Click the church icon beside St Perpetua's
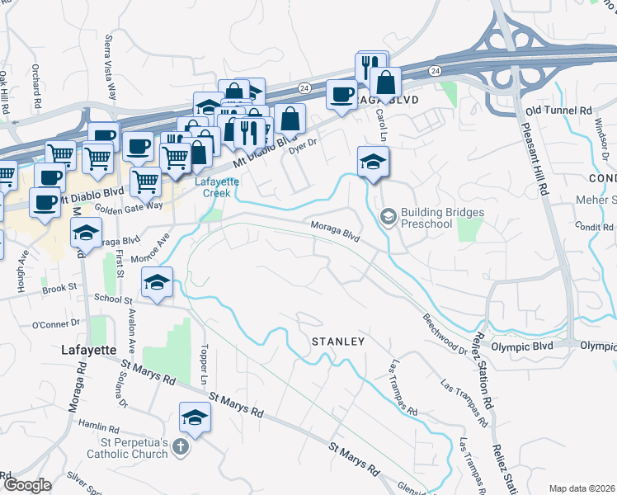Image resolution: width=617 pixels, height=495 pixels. (181, 448)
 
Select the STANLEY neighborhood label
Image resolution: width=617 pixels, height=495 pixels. (337, 341)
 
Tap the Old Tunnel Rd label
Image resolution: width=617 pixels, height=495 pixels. (558, 110)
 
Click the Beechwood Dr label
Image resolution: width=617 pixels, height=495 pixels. (445, 334)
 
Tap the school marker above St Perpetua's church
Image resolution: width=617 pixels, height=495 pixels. (195, 417)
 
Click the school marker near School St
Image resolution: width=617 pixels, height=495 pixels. (156, 282)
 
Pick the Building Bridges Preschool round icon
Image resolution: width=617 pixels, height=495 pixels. (387, 217)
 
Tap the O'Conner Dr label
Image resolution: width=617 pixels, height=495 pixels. (56, 324)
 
